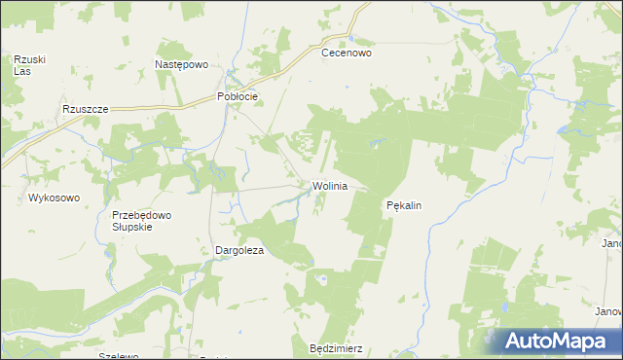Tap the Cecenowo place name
[348, 54]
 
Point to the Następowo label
[182, 64]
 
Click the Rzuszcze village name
[84, 110]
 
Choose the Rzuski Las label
[23, 65]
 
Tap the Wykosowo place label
[54, 198]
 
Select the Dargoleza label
[240, 250]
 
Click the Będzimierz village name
[335, 347]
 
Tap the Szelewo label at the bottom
[119, 356]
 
